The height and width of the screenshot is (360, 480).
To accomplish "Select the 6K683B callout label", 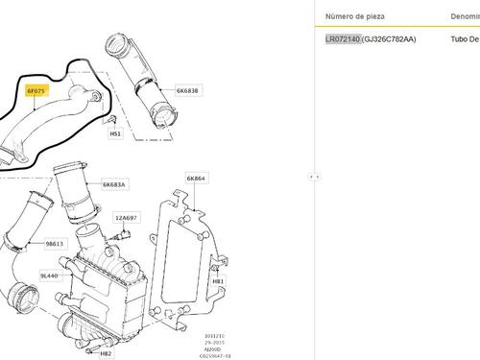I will (x=187, y=90).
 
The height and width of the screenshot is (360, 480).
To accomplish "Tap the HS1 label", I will (x=115, y=133).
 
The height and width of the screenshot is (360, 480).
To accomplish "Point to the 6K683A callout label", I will (x=114, y=183).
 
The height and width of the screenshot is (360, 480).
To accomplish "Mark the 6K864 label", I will (x=195, y=179).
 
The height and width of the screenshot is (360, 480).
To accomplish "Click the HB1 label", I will (x=218, y=281).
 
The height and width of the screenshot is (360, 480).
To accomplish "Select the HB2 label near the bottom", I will (x=106, y=352).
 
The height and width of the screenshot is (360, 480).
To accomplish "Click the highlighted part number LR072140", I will (x=342, y=40).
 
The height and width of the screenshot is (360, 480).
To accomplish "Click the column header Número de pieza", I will (x=356, y=17).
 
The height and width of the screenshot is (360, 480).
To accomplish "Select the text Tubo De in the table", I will (x=465, y=40).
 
